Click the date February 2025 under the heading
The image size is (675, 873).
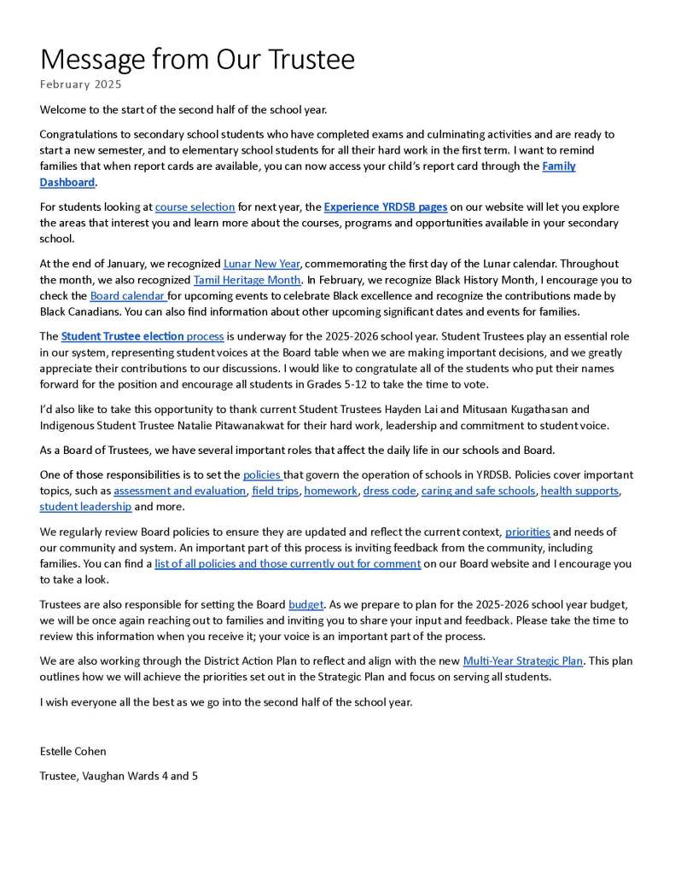tap(80, 84)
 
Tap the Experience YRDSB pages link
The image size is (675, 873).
tap(385, 207)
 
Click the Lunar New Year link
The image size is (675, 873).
tap(261, 264)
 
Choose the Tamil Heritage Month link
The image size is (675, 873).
tap(247, 280)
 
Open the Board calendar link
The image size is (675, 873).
tap(128, 295)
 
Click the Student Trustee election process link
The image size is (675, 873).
tap(142, 336)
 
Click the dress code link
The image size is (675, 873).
tap(389, 491)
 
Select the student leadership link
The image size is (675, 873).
tap(85, 507)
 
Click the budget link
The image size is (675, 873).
tap(305, 604)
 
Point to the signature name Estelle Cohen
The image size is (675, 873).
tap(73, 751)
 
